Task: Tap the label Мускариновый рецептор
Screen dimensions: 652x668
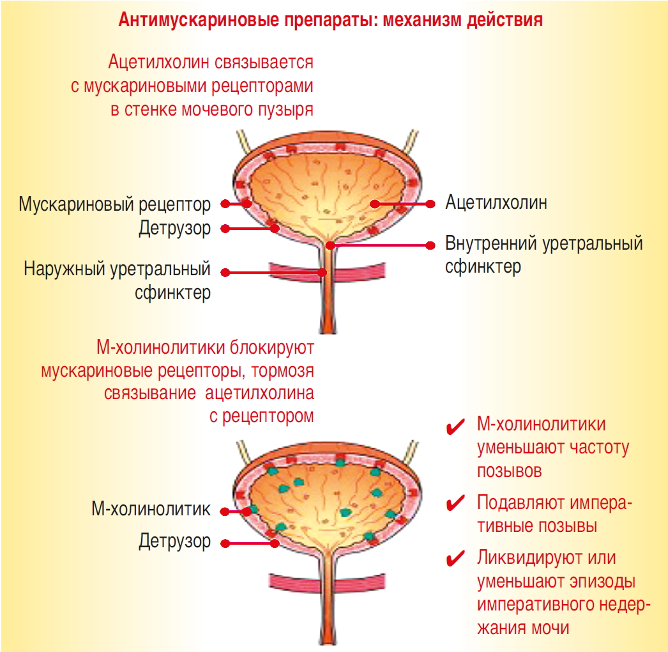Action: click(114, 205)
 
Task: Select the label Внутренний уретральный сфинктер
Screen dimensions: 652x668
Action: click(543, 255)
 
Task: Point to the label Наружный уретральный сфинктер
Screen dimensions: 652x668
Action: click(118, 281)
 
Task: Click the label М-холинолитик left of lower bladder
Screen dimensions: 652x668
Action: click(151, 510)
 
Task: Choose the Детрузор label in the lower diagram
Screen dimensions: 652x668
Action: click(174, 542)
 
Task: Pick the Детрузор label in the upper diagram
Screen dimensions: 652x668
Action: click(174, 228)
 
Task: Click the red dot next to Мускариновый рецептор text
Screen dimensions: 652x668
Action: click(225, 204)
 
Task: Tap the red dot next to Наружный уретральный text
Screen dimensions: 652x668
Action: click(225, 273)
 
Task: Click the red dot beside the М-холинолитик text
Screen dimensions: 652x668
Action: click(225, 511)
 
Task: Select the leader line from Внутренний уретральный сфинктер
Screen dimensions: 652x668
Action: click(383, 245)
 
